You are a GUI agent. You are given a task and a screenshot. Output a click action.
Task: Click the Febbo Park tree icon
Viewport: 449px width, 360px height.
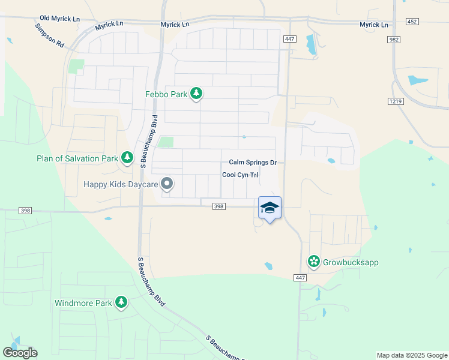pyautogui.click(x=196, y=93)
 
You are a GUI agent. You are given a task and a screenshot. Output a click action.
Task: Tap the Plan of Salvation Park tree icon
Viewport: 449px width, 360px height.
pyautogui.click(x=127, y=158)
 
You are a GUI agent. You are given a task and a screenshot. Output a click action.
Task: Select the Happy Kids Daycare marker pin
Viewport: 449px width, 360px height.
pyautogui.click(x=167, y=184)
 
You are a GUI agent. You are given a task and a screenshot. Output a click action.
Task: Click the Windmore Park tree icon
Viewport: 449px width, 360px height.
pyautogui.click(x=121, y=302)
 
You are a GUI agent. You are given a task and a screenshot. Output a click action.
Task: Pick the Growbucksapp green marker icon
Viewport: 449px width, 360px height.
pyautogui.click(x=313, y=262)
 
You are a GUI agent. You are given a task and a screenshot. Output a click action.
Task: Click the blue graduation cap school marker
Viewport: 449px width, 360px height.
pyautogui.click(x=270, y=208)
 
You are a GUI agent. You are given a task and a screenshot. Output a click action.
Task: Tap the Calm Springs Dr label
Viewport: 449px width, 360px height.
pyautogui.click(x=252, y=163)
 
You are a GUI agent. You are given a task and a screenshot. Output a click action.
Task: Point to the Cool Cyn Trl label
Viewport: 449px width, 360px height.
pyautogui.click(x=240, y=175)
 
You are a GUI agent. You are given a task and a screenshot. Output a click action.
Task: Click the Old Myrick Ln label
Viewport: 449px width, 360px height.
pyautogui.click(x=59, y=19)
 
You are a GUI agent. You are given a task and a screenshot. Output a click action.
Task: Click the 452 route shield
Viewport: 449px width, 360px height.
pyautogui.click(x=412, y=21)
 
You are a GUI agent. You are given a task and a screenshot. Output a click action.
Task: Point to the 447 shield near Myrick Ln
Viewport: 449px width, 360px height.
pyautogui.click(x=289, y=38)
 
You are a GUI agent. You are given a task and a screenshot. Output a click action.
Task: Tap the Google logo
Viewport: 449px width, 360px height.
pyautogui.click(x=20, y=353)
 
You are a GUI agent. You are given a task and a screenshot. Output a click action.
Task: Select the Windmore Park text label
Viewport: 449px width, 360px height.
pyautogui.click(x=83, y=303)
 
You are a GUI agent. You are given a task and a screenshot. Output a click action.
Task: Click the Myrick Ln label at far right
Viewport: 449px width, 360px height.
pyautogui.click(x=374, y=25)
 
